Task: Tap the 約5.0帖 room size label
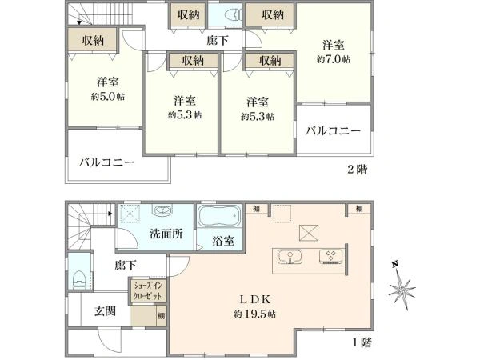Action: point(108,96)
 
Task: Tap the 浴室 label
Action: point(222,240)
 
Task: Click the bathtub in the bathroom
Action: point(218,217)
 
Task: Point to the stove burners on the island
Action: point(330,257)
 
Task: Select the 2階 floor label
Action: point(356,170)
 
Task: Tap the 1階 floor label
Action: point(361,342)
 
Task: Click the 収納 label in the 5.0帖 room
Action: point(89,41)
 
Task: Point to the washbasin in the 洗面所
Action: point(162,211)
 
